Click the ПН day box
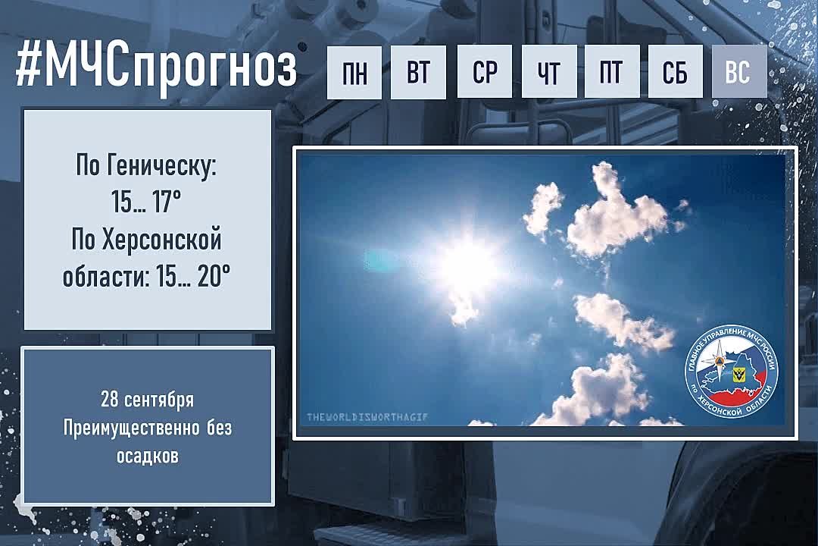point(354,72)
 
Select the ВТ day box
point(418,72)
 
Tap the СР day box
point(485,72)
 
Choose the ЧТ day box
point(549,72)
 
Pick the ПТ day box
point(613,72)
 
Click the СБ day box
point(676,72)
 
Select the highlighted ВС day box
point(739,72)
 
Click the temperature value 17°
point(167,202)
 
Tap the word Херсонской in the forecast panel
point(162,240)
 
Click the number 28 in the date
point(110,400)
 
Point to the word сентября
point(159,400)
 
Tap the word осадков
point(148,456)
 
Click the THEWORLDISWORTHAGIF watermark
point(367,417)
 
